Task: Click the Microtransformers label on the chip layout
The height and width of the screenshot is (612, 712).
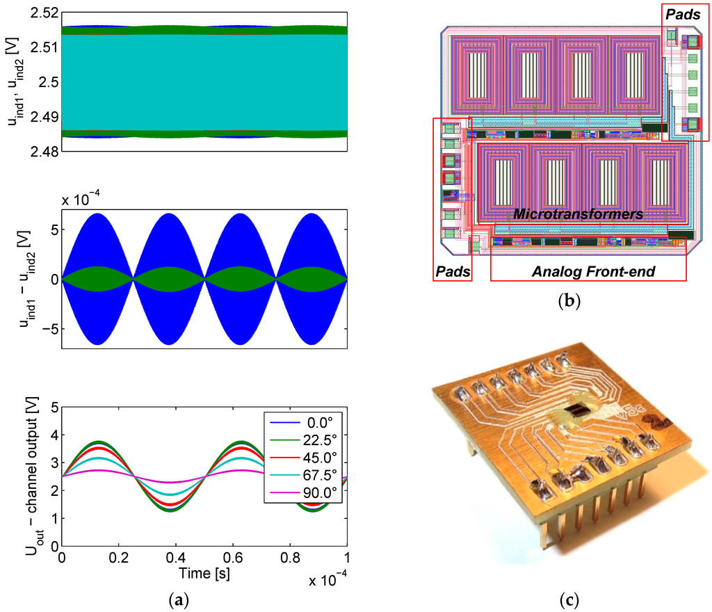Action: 578,215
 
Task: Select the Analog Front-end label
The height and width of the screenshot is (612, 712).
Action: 593,271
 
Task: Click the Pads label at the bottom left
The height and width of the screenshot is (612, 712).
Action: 452,270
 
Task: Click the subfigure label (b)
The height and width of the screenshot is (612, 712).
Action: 569,301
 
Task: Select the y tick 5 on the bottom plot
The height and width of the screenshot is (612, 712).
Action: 52,408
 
